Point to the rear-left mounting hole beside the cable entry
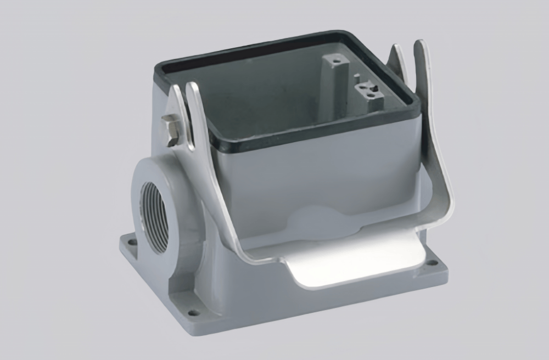click(x=130, y=240)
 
